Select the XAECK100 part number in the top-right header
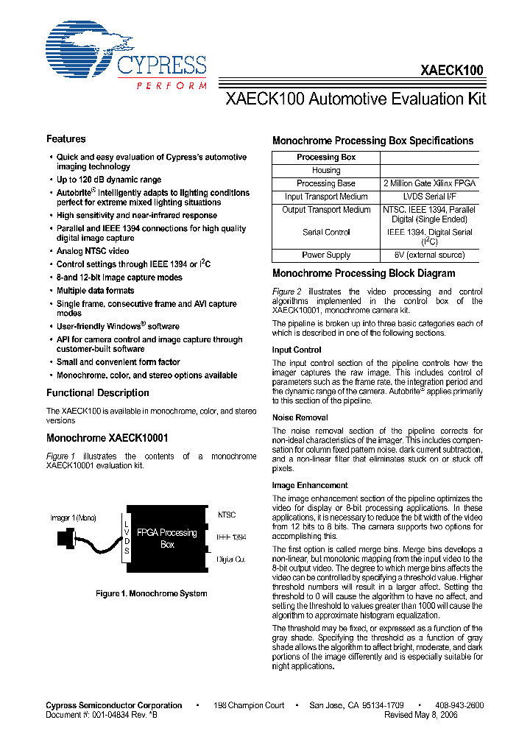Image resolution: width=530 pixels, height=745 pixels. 451,71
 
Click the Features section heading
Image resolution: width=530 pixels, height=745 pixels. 66,139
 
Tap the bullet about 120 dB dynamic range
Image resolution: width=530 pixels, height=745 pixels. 109,180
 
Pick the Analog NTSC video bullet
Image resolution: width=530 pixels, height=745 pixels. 93,251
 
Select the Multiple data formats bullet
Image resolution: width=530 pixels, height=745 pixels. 96,291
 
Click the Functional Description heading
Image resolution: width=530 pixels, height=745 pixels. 98,393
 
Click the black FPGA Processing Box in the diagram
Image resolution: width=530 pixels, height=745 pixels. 168,538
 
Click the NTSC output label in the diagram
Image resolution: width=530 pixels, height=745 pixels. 227,515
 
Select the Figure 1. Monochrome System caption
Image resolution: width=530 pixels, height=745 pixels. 152,593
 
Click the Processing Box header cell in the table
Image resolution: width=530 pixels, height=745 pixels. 326,158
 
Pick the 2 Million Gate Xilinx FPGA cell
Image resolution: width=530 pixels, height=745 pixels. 429,183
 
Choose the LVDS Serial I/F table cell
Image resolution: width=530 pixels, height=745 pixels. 429,197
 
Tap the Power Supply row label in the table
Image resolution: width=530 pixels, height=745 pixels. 326,255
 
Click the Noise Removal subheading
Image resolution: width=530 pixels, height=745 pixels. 300,417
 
